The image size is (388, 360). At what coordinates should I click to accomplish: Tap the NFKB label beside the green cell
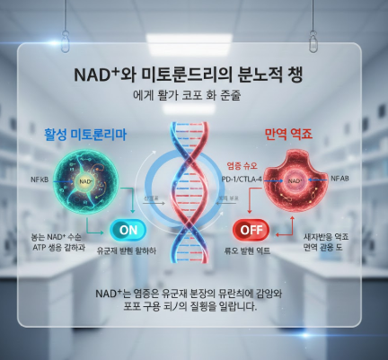click(39, 180)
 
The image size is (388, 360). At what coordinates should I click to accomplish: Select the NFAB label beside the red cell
click(339, 180)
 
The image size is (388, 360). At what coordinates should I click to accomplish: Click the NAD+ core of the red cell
click(297, 180)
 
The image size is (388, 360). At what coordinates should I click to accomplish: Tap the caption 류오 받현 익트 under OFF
click(252, 250)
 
